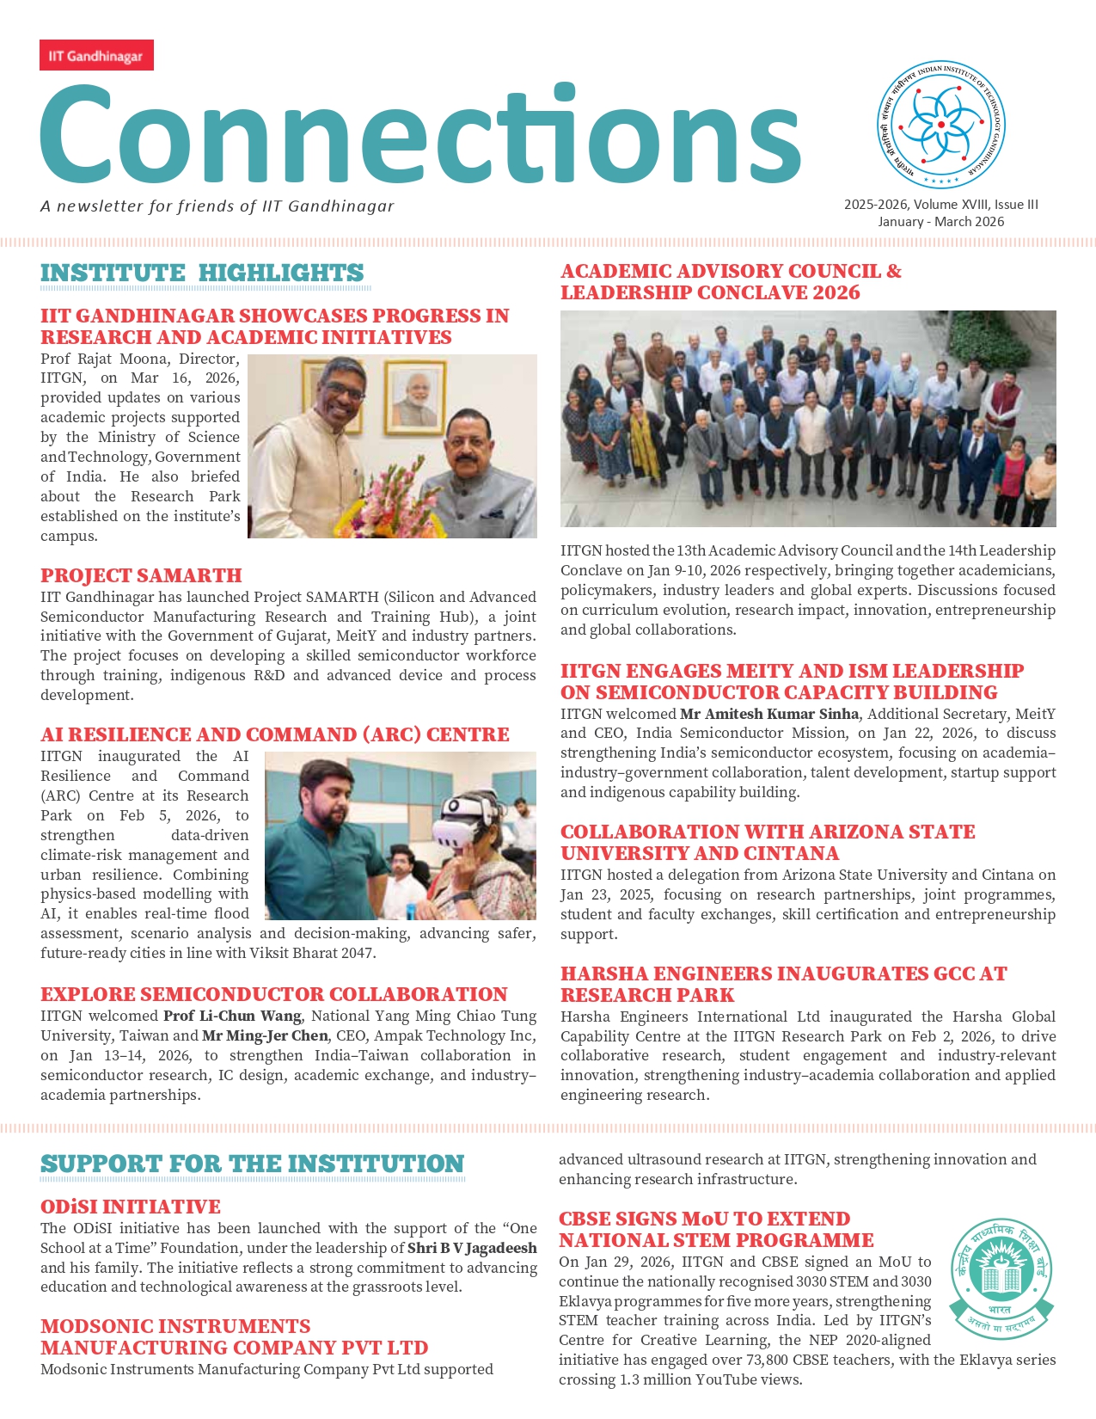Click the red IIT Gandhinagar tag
pos(96,56)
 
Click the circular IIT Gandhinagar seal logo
pos(940,126)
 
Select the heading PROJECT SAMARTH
pos(141,575)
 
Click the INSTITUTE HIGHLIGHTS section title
pos(202,273)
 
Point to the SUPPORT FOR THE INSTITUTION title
pos(252,1164)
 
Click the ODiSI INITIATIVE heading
pos(131,1207)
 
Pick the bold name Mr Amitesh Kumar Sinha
pos(768,714)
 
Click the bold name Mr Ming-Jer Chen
pos(265,1035)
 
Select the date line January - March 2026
pos(940,222)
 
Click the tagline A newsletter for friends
pos(217,206)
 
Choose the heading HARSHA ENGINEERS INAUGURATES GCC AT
pos(783,974)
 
